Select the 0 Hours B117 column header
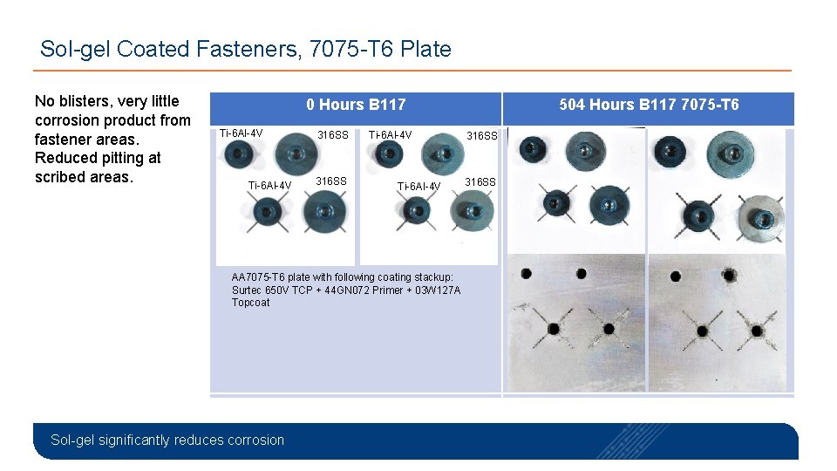[x=356, y=105]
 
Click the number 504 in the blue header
[x=573, y=105]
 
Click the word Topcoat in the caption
[x=251, y=303]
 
